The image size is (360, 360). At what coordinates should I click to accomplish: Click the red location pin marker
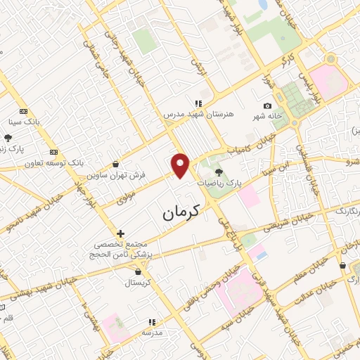[x=181, y=165]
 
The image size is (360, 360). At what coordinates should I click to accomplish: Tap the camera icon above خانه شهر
[x=267, y=105]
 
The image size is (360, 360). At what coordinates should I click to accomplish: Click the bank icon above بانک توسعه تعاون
[x=53, y=152]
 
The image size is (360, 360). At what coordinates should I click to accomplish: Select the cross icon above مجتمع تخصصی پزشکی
[x=120, y=233]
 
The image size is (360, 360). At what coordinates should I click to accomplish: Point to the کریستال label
[x=138, y=283]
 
